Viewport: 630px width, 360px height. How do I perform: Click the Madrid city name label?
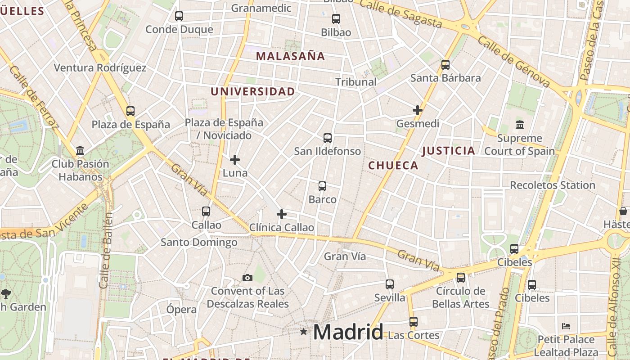point(348,332)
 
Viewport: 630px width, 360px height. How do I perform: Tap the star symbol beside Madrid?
point(304,332)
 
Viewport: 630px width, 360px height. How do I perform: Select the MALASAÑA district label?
point(290,56)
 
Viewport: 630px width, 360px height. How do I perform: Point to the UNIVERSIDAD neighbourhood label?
point(253,92)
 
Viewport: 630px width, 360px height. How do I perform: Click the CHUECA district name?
point(393,166)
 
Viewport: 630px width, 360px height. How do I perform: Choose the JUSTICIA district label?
point(448,151)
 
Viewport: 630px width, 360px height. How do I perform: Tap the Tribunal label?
point(356,82)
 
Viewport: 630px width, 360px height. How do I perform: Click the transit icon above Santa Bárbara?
point(445,65)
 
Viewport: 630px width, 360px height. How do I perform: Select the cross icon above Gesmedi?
point(418,110)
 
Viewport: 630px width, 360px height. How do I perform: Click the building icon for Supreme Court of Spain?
point(520,124)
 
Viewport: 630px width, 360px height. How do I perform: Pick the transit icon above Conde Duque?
point(179,16)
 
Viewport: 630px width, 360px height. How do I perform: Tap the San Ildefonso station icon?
point(328,138)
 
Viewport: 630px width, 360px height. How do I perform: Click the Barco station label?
point(323,199)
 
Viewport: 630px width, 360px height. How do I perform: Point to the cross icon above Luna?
point(235,160)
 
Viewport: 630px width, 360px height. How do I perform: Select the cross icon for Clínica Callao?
point(282,214)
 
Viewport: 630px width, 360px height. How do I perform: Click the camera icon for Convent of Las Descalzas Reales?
point(247,278)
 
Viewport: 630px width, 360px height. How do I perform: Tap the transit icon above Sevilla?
point(390,284)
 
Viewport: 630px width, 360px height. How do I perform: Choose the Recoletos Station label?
point(552,185)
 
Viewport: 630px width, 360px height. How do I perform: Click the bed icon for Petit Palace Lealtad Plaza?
point(567,326)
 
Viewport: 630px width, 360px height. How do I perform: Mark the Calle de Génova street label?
point(514,62)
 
